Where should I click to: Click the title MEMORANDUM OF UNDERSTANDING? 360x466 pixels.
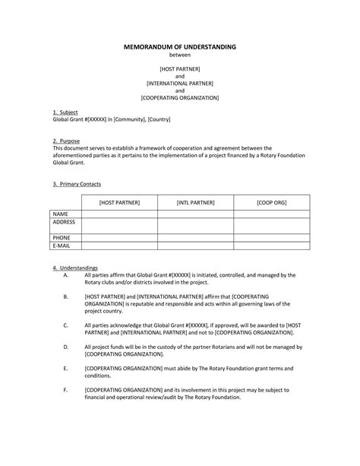coord(180,47)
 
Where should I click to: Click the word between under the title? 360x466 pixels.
coord(180,55)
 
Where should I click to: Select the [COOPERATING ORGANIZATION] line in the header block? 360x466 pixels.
coord(180,98)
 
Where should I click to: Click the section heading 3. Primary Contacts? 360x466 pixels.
coord(77,184)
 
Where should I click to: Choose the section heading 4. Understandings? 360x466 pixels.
coord(74,268)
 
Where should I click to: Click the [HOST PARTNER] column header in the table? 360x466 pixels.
coord(119,202)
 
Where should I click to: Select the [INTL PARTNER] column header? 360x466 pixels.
coord(195,202)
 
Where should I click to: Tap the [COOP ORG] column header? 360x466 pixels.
coord(271,202)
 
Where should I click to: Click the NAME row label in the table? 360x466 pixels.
coord(61,214)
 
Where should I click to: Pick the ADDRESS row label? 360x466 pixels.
coord(64,222)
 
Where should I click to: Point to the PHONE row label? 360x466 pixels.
coord(62,237)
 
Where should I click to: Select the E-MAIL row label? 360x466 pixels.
coord(62,245)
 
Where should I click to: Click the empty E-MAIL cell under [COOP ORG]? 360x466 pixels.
coord(271,245)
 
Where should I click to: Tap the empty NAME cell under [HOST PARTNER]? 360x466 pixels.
coord(119,214)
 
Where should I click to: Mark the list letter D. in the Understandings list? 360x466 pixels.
coord(67,347)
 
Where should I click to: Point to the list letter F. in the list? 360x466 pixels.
coord(67,389)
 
